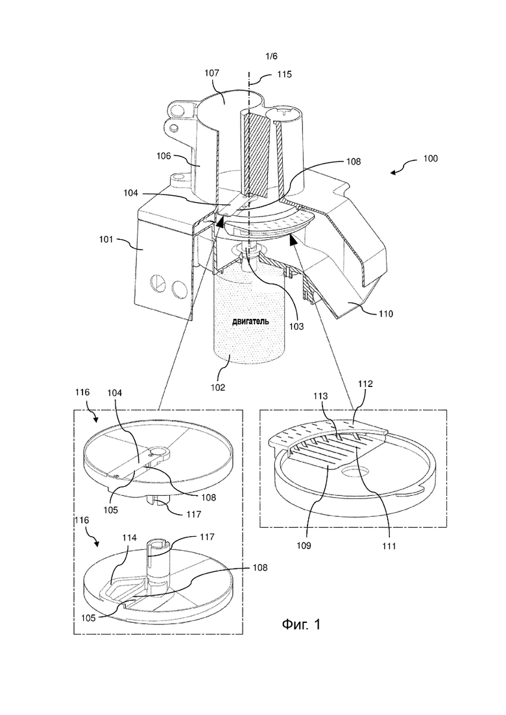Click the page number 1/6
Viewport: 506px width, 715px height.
271,56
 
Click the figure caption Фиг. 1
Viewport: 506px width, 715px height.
301,624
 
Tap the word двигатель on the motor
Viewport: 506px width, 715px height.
250,321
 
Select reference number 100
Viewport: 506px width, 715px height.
430,159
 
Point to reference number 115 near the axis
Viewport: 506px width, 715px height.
284,75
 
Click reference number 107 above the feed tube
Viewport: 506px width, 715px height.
212,73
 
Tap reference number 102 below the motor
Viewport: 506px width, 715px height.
217,388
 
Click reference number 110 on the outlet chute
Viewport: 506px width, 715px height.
385,314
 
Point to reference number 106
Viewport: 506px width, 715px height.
163,156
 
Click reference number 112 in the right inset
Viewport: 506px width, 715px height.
365,384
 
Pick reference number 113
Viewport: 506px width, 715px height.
320,396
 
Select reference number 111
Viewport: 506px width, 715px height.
390,545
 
